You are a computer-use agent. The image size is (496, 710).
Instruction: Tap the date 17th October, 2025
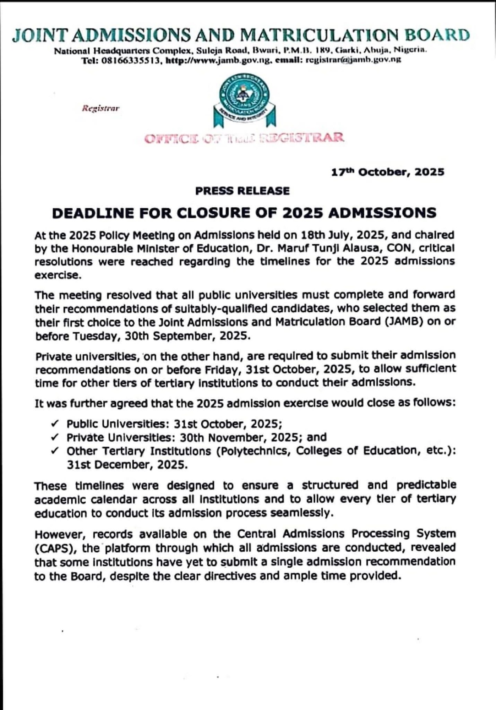[x=387, y=172]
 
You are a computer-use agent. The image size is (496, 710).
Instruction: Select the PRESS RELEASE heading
[x=242, y=191]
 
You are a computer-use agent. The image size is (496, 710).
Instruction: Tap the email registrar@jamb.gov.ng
[x=353, y=60]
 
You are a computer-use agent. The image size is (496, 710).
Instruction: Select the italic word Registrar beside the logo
[x=101, y=108]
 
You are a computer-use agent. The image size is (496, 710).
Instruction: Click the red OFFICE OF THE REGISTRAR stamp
[x=244, y=138]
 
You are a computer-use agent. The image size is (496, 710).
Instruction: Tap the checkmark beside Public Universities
[x=55, y=424]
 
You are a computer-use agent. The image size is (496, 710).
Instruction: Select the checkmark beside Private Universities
[x=55, y=437]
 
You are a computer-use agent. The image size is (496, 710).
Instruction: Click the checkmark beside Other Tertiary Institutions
[x=55, y=451]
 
